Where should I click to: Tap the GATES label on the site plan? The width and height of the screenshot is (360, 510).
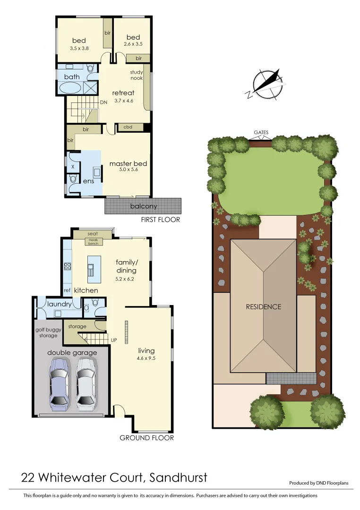point(261,133)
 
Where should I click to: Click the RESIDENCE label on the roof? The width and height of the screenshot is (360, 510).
point(263,307)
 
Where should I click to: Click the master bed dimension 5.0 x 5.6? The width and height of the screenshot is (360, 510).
point(128,170)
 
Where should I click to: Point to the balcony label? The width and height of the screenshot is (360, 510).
point(143,206)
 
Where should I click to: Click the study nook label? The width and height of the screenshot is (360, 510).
point(137,75)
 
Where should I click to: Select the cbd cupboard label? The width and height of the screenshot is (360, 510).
point(128,127)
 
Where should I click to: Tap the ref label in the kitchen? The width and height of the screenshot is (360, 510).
point(67,290)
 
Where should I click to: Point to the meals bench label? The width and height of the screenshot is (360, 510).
point(92,242)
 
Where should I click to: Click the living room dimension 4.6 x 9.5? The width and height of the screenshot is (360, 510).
point(146,358)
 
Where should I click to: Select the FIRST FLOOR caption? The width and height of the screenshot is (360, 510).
point(161,220)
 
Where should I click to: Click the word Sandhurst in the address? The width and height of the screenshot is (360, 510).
point(178,478)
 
